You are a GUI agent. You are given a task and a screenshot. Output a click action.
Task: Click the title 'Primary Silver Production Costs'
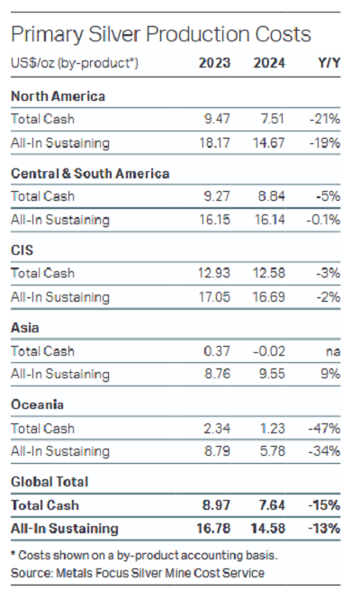pyautogui.click(x=161, y=35)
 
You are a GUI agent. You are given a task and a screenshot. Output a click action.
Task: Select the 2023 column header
pyautogui.click(x=214, y=63)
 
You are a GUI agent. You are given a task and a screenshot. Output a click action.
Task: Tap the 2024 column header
pyautogui.click(x=269, y=63)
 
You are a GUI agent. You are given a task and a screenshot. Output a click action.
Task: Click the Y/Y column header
pyautogui.click(x=329, y=63)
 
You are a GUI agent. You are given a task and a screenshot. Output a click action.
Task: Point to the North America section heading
pyautogui.click(x=58, y=96)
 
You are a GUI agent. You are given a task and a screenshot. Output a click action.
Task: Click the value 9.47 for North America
pyautogui.click(x=217, y=119)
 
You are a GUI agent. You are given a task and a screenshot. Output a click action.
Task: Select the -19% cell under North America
pyautogui.click(x=325, y=142)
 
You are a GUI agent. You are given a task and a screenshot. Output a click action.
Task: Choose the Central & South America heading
pyautogui.click(x=90, y=173)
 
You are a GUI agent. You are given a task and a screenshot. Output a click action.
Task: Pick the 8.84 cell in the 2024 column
pyautogui.click(x=272, y=196)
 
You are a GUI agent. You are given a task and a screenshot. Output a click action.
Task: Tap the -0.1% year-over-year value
pyautogui.click(x=323, y=220)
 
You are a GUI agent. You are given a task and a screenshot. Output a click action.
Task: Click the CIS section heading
pyautogui.click(x=22, y=250)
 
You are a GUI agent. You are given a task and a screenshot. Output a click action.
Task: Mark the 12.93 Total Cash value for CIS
pyautogui.click(x=214, y=273)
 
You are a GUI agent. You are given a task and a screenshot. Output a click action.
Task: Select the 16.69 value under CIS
pyautogui.click(x=269, y=297)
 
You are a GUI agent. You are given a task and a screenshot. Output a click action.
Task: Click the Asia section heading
pyautogui.click(x=25, y=328)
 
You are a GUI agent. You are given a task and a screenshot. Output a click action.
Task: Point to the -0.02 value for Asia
pyautogui.click(x=269, y=351)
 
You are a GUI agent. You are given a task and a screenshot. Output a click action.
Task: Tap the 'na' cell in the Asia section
pyautogui.click(x=333, y=351)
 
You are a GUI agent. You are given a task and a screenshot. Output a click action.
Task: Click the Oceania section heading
pyautogui.click(x=37, y=404)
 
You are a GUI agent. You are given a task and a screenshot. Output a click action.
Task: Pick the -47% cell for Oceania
pyautogui.click(x=324, y=429)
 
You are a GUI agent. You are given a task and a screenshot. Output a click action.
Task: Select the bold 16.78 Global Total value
pyautogui.click(x=213, y=528)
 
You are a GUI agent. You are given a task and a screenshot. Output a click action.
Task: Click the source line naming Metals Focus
pyautogui.click(x=138, y=573)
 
